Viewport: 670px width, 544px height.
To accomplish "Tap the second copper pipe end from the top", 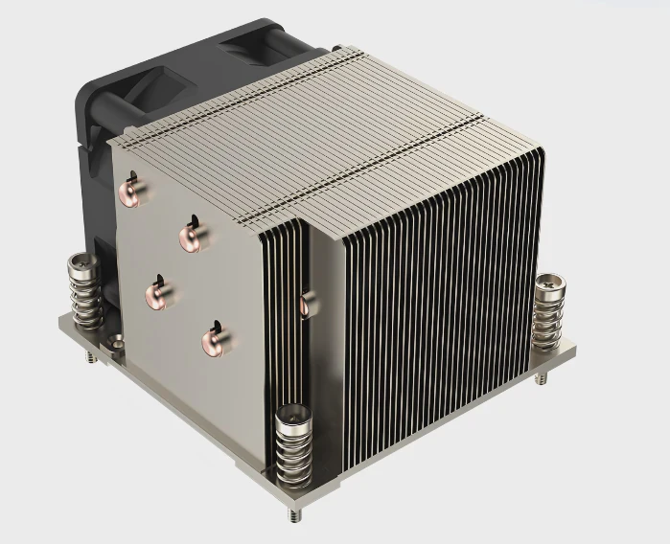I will (x=192, y=237).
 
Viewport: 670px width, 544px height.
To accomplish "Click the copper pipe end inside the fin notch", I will (x=305, y=306).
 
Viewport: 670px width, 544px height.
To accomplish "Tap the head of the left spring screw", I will (x=81, y=261).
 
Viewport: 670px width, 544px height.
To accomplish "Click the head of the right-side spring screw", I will (x=550, y=284).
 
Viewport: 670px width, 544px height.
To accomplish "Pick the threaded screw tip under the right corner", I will (x=543, y=378).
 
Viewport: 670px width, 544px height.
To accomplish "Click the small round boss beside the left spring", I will (x=116, y=339).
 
